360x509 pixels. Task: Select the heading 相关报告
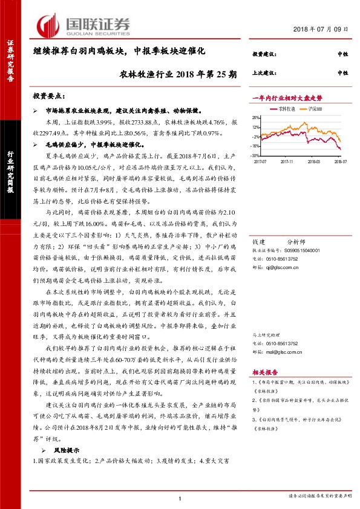[x=264, y=374]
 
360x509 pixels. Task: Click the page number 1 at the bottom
[x=180, y=497]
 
